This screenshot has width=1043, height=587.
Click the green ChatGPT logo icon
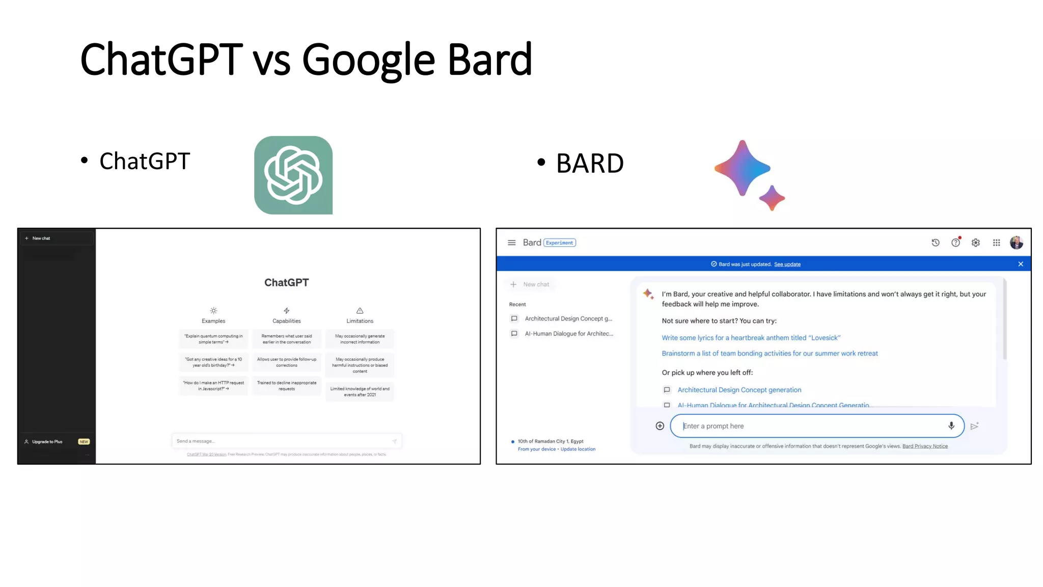coord(293,175)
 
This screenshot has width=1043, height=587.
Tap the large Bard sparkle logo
coord(743,169)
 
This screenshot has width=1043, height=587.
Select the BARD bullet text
coord(590,163)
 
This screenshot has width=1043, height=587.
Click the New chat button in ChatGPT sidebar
coord(41,238)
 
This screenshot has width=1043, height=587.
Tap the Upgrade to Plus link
coord(47,442)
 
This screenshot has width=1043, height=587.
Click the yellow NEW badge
coord(84,442)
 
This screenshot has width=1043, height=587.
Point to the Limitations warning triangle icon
coord(360,310)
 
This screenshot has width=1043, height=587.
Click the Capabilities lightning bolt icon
coord(287,310)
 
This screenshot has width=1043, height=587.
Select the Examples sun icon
coord(213,310)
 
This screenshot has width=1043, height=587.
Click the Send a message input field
coord(283,441)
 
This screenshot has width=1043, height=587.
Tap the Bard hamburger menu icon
coord(512,243)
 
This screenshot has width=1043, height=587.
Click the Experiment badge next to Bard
coord(560,243)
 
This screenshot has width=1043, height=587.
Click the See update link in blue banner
coord(787,264)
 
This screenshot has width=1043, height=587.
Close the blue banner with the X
coord(1021,264)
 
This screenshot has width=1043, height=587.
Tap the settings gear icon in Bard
coord(976,243)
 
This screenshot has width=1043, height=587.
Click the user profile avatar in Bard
coord(1017,243)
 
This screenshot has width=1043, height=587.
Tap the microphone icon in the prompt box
coord(951,426)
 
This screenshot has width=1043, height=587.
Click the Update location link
coord(578,449)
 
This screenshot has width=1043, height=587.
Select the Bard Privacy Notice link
coord(925,446)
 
